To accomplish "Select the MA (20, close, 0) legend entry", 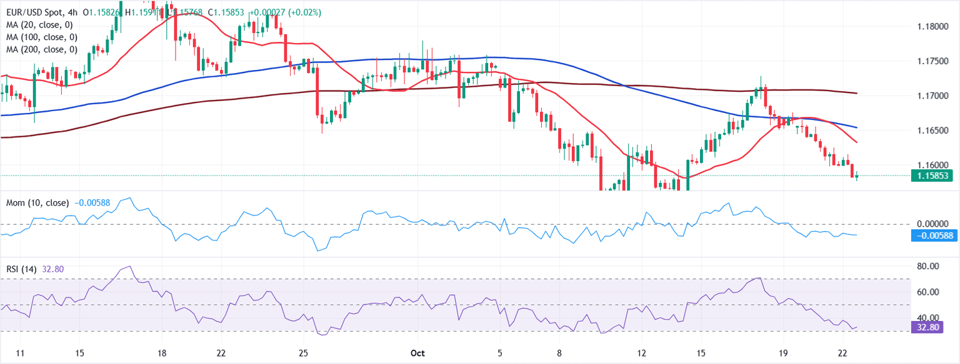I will [39, 24].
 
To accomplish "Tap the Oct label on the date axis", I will [418, 353].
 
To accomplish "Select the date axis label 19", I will [784, 353].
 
